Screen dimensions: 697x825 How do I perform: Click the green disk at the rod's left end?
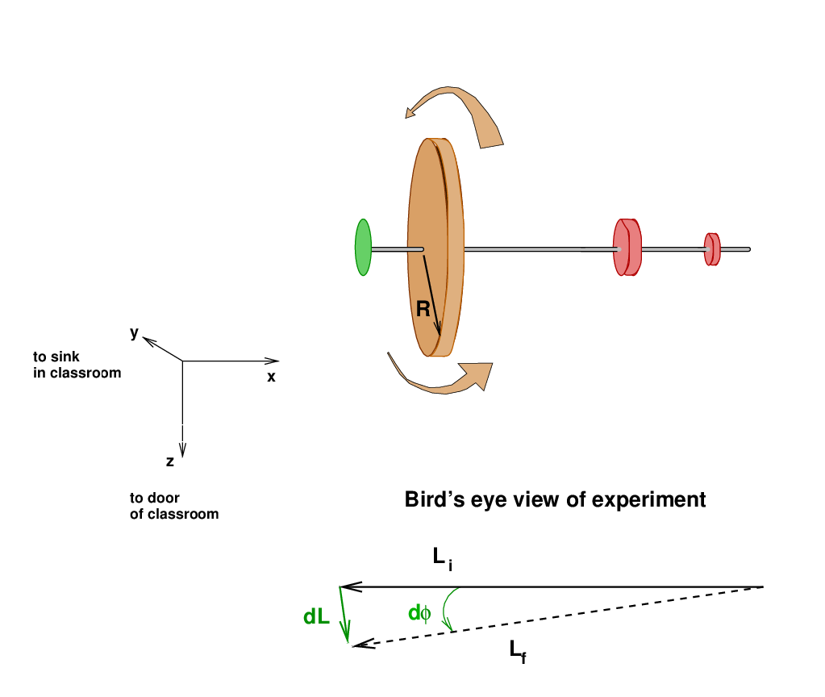click(363, 248)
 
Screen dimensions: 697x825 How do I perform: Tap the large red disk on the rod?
click(627, 248)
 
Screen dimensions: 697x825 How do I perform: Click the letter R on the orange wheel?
click(423, 307)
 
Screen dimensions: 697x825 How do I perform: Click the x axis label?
click(272, 377)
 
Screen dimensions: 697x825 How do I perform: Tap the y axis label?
click(135, 332)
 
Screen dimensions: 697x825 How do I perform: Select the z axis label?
click(170, 461)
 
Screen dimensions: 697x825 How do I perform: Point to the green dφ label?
click(419, 613)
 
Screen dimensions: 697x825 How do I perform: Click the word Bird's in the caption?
click(434, 500)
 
